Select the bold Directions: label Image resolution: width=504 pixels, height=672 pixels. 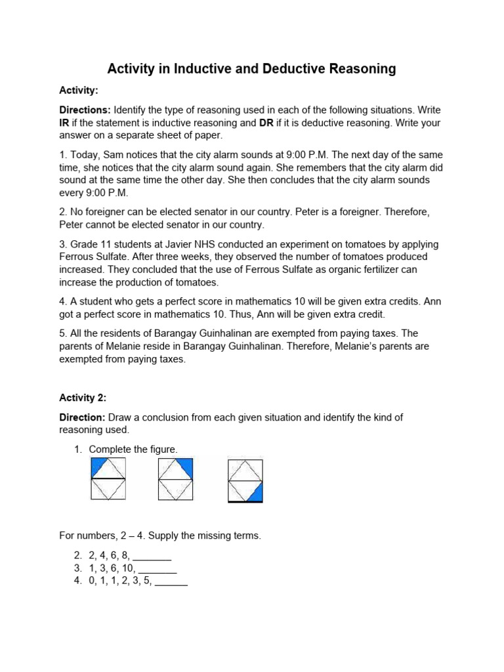coord(85,110)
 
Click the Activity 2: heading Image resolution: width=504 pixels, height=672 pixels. coord(83,398)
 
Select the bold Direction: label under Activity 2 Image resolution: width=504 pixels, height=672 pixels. coord(82,417)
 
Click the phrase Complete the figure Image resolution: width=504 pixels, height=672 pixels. coord(133,449)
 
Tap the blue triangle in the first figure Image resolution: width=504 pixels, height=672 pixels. coord(98,466)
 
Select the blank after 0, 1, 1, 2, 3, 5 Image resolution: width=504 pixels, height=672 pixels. coord(171,581)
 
